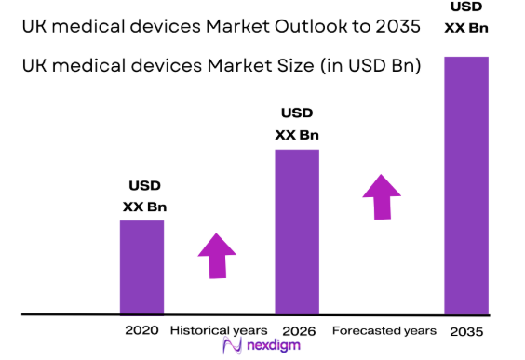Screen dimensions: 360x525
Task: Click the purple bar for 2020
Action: pyautogui.click(x=141, y=267)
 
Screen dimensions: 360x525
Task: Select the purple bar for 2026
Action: pyautogui.click(x=297, y=232)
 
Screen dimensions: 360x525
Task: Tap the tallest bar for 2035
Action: pyautogui.click(x=466, y=186)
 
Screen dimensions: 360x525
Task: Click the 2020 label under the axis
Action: pyautogui.click(x=141, y=330)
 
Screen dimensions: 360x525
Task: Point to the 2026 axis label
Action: pyautogui.click(x=298, y=330)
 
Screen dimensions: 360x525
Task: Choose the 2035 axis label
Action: pyautogui.click(x=466, y=330)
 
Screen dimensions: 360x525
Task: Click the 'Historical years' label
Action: pyautogui.click(x=218, y=330)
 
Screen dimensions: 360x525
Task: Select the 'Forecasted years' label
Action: pyautogui.click(x=384, y=330)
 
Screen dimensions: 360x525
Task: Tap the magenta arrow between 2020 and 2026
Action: pyautogui.click(x=218, y=254)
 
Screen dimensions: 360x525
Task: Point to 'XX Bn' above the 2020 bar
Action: pyautogui.click(x=144, y=207)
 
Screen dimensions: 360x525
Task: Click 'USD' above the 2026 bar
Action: pyautogui.click(x=297, y=113)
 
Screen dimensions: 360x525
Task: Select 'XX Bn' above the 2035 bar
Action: pyautogui.click(x=467, y=28)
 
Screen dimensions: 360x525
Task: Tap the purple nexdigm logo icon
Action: pyautogui.click(x=233, y=346)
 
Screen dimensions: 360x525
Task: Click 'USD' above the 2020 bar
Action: pyautogui.click(x=144, y=185)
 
